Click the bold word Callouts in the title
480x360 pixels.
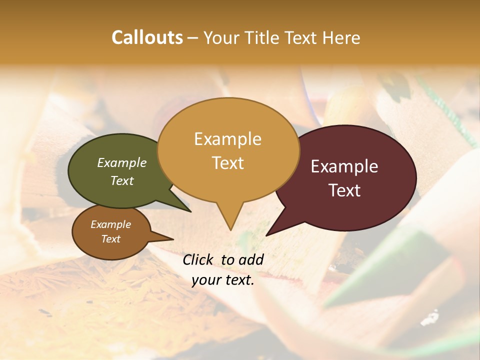coord(147,37)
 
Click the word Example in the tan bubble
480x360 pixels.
coord(227,139)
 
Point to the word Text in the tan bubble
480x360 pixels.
coord(228,163)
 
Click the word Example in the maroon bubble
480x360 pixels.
coord(344,166)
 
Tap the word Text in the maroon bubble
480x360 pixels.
coord(345,190)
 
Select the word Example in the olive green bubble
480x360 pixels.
coord(122,162)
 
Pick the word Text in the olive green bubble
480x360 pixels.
coord(122,180)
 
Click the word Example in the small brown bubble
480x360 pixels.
coord(110,224)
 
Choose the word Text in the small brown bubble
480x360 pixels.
coord(111,239)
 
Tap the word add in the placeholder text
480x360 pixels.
coord(251,259)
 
